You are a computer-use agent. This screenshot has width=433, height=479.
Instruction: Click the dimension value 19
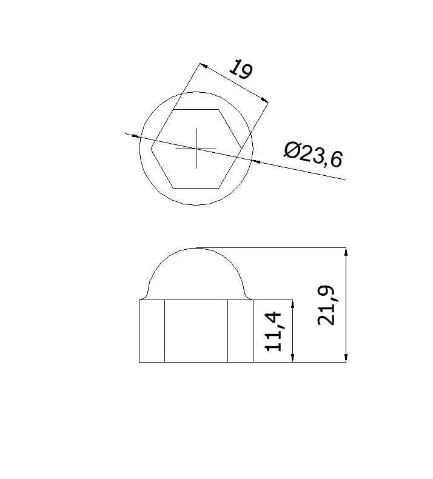point(241,70)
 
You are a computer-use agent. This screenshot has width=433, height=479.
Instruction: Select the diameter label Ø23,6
point(313,155)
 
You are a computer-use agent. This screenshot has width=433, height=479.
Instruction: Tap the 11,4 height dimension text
point(273,331)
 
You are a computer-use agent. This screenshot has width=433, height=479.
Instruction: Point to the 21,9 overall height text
point(326,305)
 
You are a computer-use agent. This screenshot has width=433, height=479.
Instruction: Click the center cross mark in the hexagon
point(196,149)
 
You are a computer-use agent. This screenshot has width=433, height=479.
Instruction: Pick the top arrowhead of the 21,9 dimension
point(346,252)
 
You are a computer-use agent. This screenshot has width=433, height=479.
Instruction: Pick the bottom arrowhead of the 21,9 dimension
point(346,358)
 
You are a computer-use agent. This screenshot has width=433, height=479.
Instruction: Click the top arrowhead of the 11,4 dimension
point(293,304)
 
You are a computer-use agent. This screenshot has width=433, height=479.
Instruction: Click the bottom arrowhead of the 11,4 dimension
point(293,358)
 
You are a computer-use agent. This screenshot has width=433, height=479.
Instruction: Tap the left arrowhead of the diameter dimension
point(136,136)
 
